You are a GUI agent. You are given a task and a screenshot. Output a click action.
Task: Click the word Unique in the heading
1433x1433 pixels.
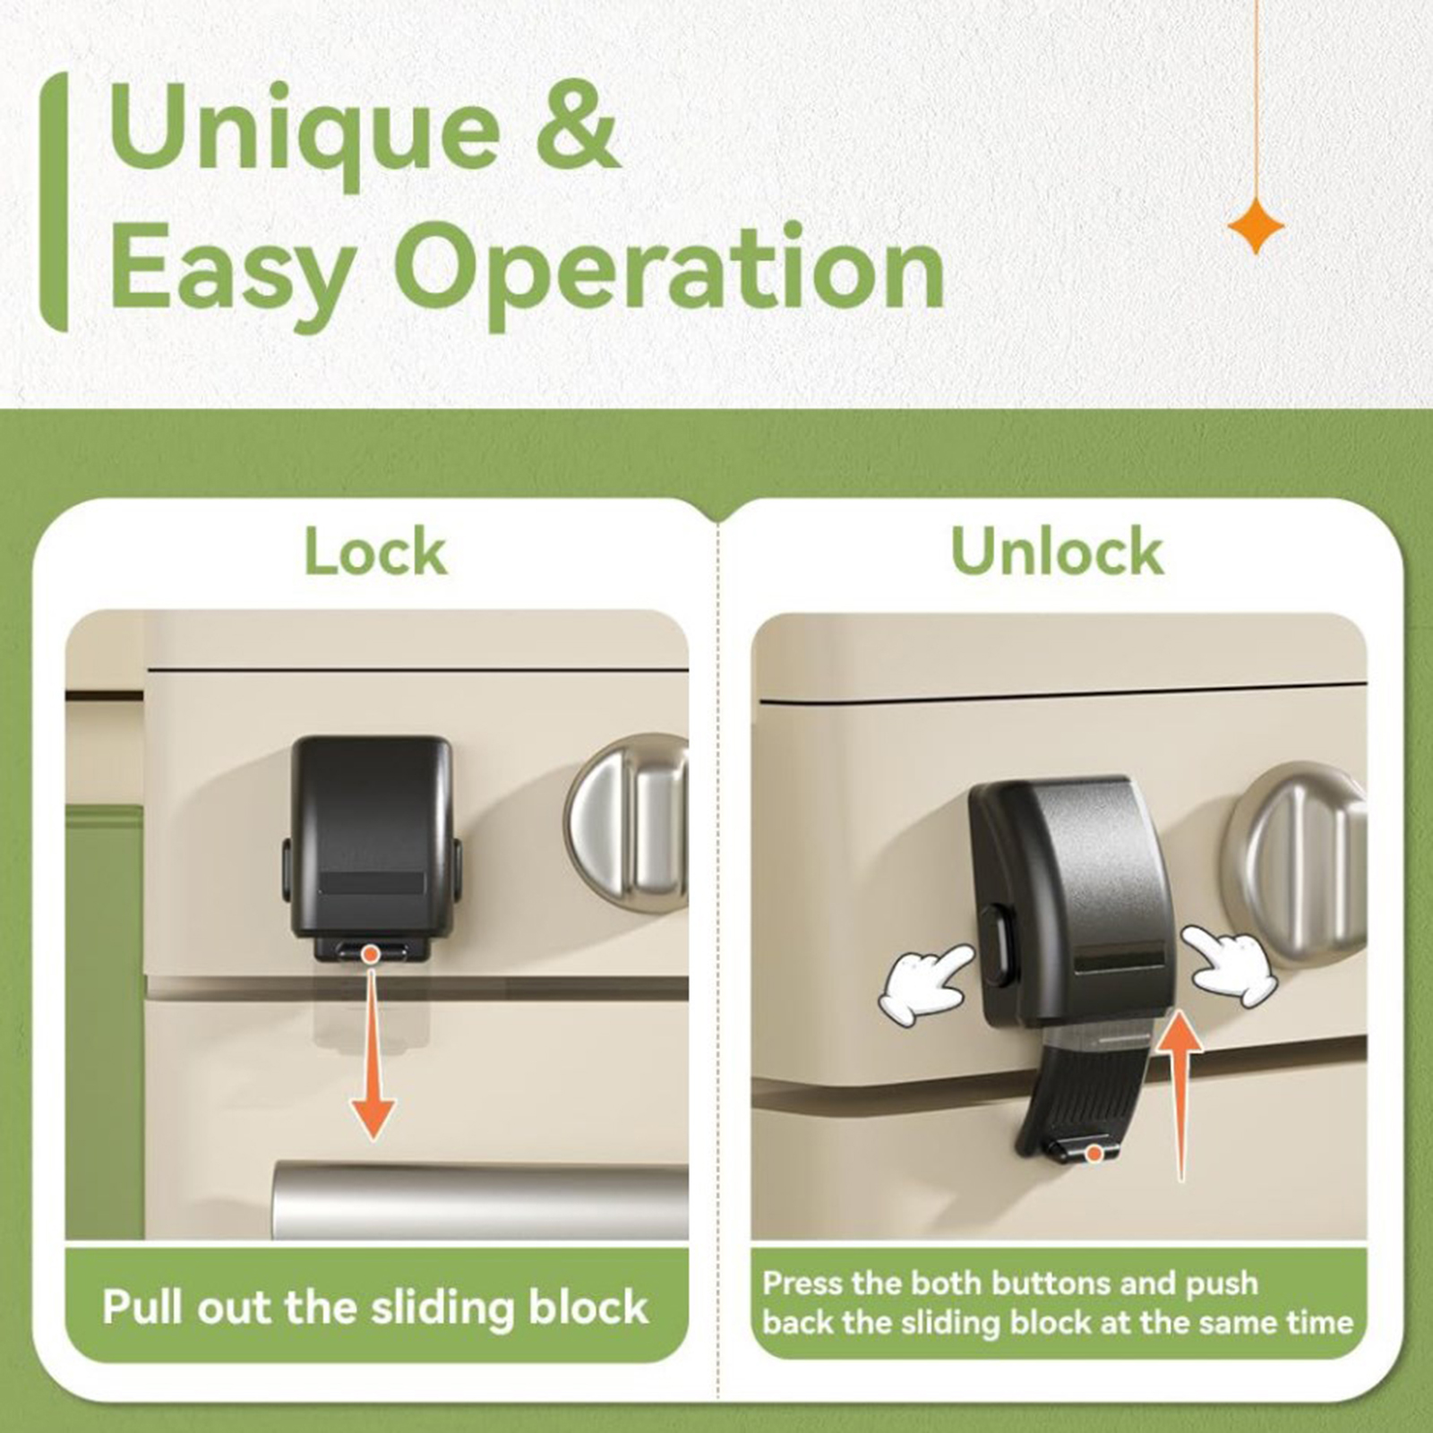click(x=305, y=132)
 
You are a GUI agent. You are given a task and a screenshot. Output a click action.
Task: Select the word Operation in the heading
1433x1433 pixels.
click(x=669, y=268)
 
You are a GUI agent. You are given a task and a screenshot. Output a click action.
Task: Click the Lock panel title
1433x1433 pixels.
click(x=375, y=552)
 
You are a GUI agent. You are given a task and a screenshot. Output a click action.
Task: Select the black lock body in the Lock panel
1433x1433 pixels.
click(x=371, y=837)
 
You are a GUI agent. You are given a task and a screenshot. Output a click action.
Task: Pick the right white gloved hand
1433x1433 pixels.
click(x=1231, y=965)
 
